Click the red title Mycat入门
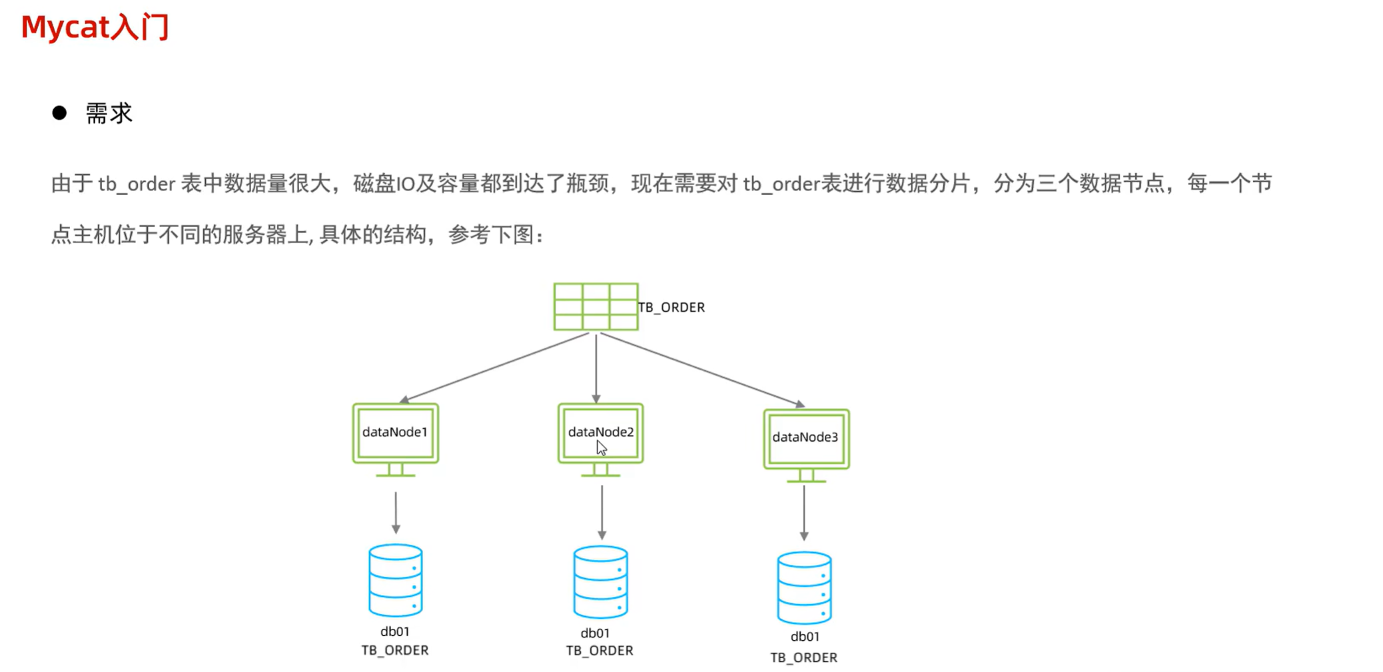point(95,27)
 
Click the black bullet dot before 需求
point(59,113)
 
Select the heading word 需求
point(109,113)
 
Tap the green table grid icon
point(596,306)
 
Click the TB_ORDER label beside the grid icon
point(672,307)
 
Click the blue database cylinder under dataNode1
point(396,580)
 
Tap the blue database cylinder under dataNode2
point(600,582)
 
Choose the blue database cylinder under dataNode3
point(804,587)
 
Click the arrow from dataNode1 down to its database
point(396,513)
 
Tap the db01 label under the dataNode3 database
point(805,637)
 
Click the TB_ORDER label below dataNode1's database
point(395,650)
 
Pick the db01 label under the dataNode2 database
point(595,633)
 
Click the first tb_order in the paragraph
point(137,184)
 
